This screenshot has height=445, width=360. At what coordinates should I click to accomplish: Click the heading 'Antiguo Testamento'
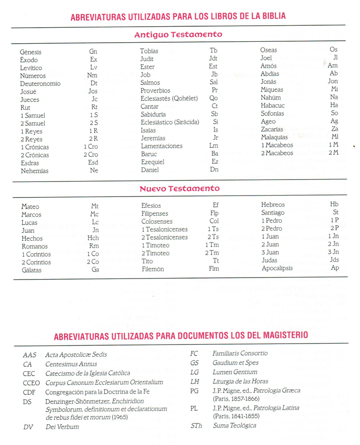point(178,35)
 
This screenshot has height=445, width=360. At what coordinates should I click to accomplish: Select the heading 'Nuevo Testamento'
point(180,189)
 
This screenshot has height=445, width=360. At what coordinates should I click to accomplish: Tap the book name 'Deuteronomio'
point(40,83)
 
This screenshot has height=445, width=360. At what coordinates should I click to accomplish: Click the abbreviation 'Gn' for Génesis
point(93,51)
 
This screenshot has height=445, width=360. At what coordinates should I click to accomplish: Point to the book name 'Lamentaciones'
point(162,146)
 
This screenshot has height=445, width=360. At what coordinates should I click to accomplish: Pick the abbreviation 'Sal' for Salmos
point(214,82)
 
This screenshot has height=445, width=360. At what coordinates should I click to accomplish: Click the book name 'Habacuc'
point(273,105)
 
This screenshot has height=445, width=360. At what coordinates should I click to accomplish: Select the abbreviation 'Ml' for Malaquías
point(334,137)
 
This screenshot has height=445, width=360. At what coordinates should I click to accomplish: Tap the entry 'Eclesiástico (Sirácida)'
point(170,122)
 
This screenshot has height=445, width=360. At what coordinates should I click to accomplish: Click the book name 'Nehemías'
point(34,171)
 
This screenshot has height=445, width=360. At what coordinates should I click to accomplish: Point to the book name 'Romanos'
point(35,246)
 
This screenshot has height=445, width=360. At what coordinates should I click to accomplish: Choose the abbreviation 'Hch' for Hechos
point(93,238)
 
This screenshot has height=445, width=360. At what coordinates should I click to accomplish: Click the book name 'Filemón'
point(153,269)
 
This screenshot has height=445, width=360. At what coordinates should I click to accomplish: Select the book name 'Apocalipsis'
point(278,268)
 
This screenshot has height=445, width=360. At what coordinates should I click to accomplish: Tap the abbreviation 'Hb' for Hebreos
point(334,204)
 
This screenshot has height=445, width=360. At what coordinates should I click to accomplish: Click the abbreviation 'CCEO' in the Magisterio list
point(31,382)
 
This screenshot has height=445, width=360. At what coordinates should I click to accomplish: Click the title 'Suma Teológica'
point(235,426)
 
